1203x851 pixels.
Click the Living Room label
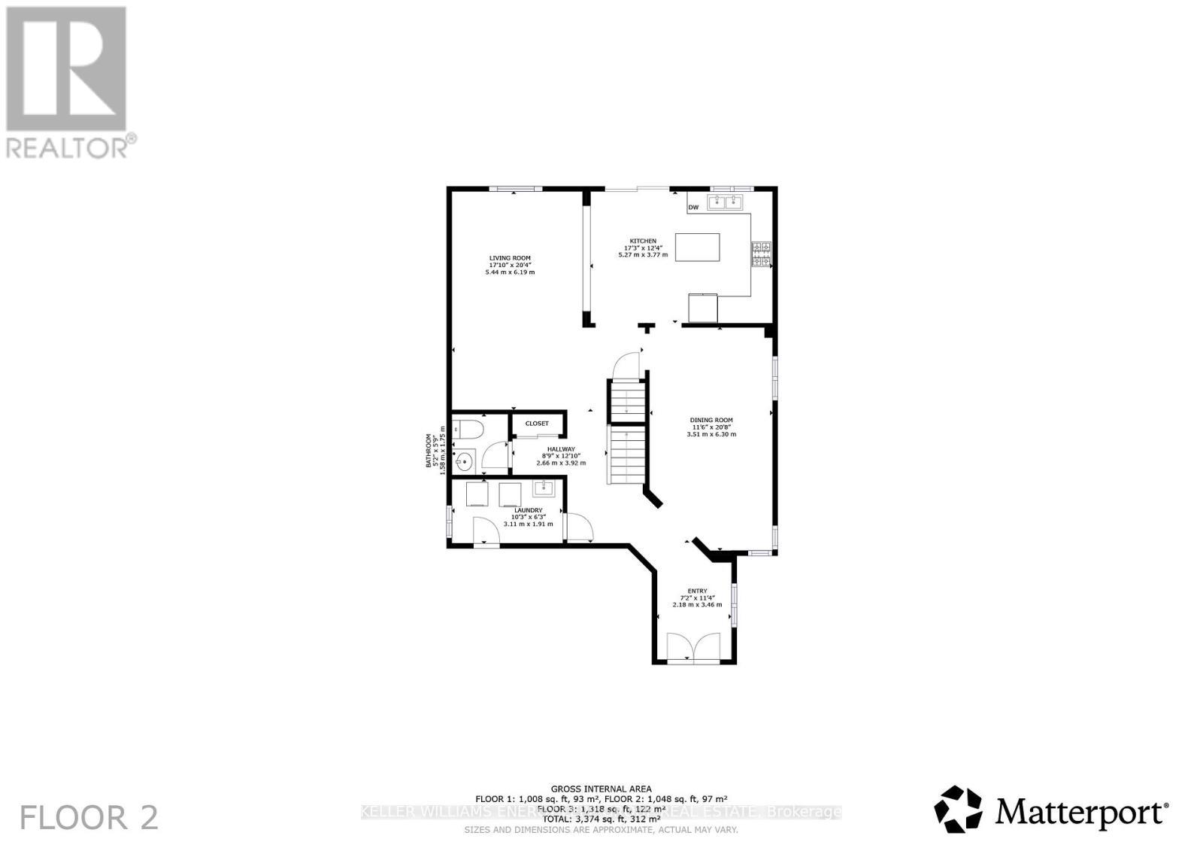(x=510, y=258)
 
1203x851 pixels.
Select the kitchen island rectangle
(x=697, y=247)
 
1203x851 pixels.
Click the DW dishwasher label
(x=693, y=207)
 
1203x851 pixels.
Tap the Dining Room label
(x=711, y=421)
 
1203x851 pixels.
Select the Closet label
(x=537, y=424)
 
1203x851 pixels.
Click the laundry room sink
(x=543, y=490)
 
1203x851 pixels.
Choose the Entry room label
(x=697, y=591)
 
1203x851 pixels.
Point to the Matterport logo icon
(x=958, y=810)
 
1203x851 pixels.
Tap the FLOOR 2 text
(x=89, y=818)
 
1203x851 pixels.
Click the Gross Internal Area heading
(x=600, y=789)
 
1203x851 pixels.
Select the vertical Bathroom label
(x=430, y=451)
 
